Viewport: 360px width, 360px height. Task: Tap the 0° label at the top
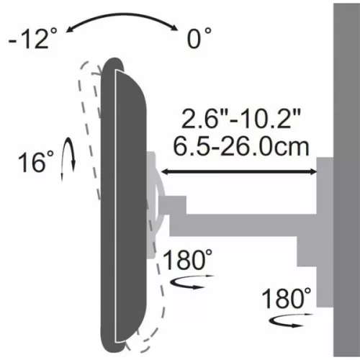click(199, 38)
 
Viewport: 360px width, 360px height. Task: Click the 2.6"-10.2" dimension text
click(241, 119)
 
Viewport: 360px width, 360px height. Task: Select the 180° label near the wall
click(287, 297)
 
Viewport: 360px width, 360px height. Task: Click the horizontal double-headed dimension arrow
click(238, 171)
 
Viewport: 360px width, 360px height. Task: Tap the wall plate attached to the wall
click(325, 216)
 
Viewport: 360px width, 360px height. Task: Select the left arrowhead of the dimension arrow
click(165, 171)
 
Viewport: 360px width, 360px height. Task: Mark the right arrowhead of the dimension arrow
click(314, 171)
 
